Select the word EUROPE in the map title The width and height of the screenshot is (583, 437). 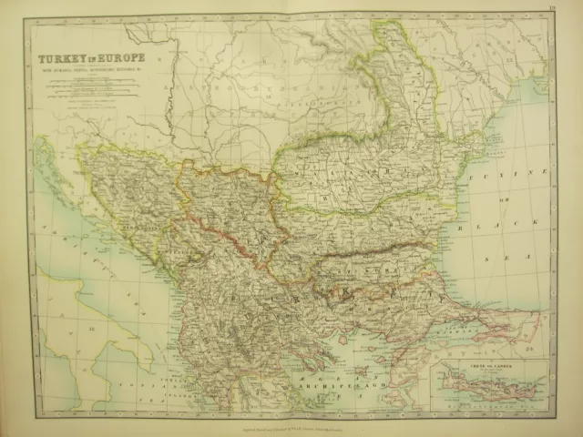tap(118, 59)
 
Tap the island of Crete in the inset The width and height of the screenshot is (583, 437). tap(483, 388)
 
